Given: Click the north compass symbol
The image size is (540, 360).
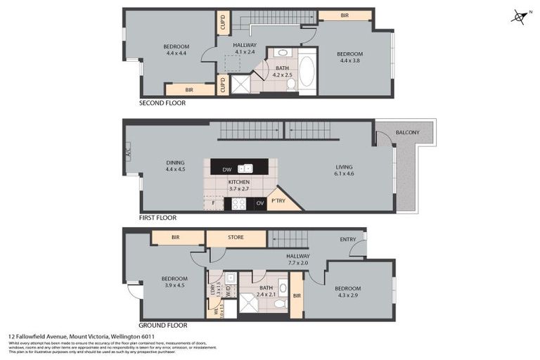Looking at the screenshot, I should coord(520,15).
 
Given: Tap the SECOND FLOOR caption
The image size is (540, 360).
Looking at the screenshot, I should coord(162,103).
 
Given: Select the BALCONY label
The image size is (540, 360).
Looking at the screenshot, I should coord(407,132).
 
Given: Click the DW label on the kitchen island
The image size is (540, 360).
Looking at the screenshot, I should coord(226,169).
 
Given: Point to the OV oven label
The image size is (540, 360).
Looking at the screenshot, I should coord(260,204).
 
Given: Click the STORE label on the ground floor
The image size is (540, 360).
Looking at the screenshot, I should coord(236,238).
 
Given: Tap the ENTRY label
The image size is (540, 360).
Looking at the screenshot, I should coord(347,240).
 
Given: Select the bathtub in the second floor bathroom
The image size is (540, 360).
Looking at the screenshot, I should coord(307,72).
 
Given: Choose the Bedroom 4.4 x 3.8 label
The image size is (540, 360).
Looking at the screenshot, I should coord(349,58).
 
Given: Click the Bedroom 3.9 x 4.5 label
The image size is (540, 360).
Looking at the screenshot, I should coord(174,282).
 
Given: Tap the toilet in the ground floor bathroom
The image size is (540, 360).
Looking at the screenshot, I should coord(279,304).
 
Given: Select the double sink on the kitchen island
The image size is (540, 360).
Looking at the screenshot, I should coord(245,169).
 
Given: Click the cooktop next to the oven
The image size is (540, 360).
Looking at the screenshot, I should coord(239,204).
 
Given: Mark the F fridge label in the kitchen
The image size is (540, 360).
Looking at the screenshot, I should coord(213,204).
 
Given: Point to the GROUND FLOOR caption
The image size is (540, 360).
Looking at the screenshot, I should coord(162,326).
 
